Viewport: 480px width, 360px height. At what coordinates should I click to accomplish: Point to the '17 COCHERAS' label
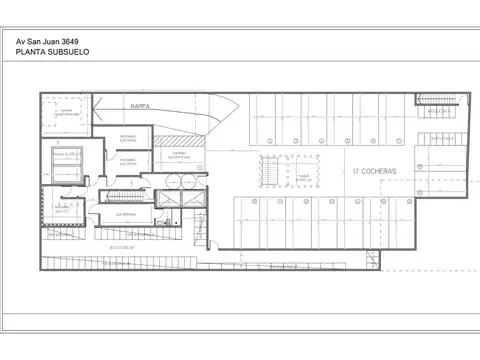(x=374, y=172)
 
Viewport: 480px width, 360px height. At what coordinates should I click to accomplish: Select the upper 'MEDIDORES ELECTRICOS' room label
(x=128, y=137)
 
